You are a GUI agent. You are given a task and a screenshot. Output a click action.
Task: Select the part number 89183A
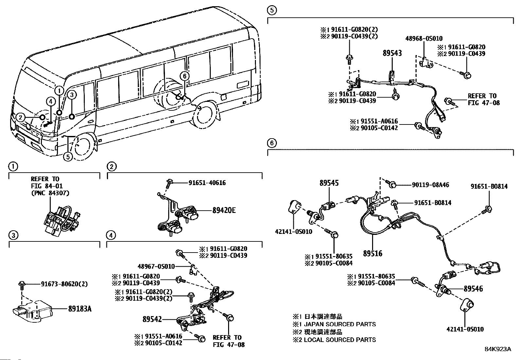[x=80, y=308]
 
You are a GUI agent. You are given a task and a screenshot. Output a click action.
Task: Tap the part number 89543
[x=392, y=53]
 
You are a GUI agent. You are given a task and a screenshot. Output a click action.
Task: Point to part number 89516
[x=372, y=253]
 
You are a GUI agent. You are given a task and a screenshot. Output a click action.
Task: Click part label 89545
[x=329, y=183]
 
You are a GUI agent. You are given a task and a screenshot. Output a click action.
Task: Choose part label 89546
[x=473, y=289]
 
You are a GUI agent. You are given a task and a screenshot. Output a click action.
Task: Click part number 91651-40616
[x=207, y=183]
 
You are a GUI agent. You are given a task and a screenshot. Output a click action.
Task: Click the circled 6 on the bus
[x=184, y=76]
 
